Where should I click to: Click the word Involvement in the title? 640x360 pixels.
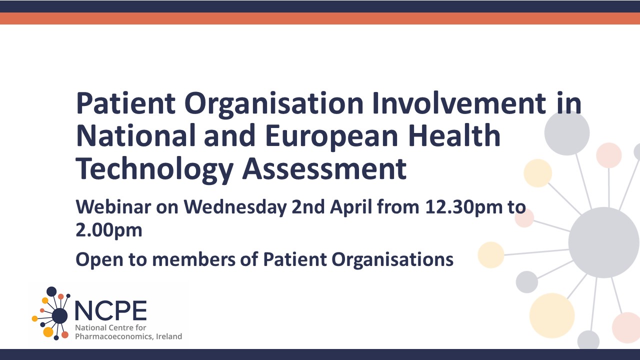click(x=459, y=103)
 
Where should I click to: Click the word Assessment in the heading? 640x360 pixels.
click(x=324, y=168)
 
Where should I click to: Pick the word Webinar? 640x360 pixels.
click(x=113, y=206)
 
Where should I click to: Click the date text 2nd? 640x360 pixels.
click(x=308, y=206)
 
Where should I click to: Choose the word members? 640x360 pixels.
click(x=193, y=259)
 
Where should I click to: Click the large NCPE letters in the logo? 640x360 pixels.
click(x=111, y=310)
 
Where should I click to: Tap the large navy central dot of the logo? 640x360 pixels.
click(x=59, y=315)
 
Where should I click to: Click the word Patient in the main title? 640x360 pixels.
click(x=125, y=103)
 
